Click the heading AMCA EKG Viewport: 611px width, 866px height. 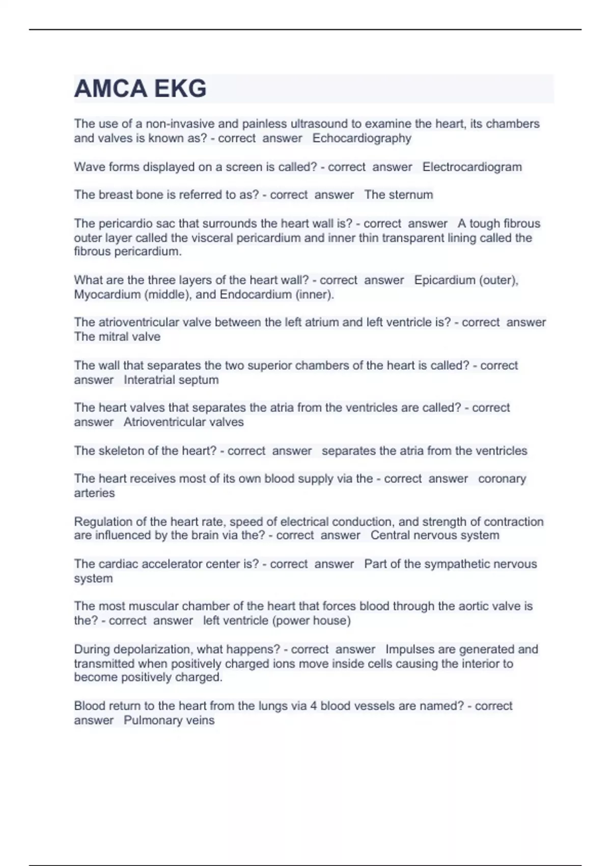point(140,89)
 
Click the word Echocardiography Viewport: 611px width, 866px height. point(362,138)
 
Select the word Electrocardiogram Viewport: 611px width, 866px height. point(472,167)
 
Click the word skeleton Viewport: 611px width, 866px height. point(120,451)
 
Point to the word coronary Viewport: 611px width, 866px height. point(502,479)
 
